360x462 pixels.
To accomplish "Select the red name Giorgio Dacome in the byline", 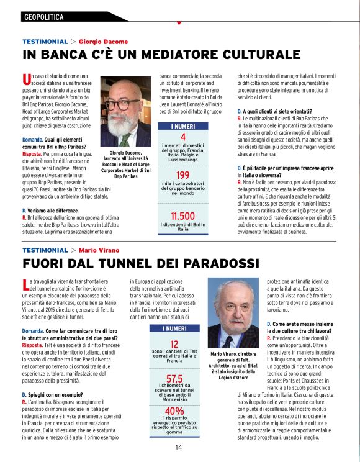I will coord(104,42).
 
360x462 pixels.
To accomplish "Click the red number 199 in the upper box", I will coord(182,176).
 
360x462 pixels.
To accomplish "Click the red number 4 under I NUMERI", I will coord(182,137).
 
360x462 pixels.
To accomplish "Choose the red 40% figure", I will coord(174,411).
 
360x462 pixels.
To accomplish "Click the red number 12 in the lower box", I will coord(174,344).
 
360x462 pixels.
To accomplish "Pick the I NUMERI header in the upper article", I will coord(182,126).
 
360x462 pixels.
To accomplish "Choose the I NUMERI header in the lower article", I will coord(174,328).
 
